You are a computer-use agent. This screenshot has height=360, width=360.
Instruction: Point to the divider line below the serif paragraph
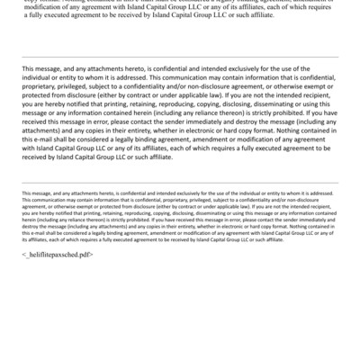(x=180, y=56)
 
